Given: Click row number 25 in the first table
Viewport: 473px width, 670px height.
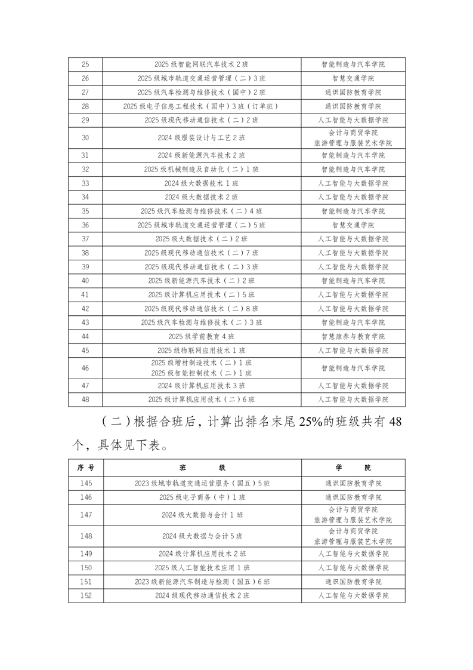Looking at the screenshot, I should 85,64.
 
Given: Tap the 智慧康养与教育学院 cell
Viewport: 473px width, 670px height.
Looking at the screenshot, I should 353,336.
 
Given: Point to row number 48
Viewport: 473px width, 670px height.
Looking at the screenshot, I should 85,399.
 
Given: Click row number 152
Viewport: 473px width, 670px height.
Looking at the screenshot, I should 85,595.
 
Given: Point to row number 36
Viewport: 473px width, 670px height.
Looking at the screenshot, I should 85,225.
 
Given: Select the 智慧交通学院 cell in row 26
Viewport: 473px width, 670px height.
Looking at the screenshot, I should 353,78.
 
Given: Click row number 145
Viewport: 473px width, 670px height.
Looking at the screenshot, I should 85,482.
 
